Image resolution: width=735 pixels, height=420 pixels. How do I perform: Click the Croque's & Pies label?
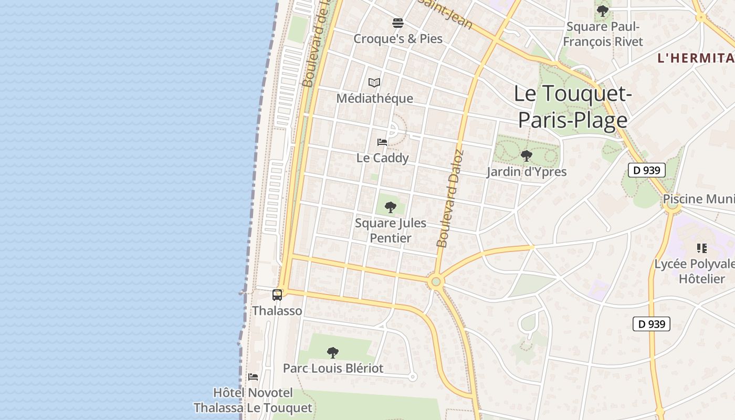[397, 38]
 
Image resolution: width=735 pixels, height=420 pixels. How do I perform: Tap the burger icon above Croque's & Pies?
[397, 23]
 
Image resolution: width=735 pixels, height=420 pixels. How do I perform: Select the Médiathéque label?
[374, 98]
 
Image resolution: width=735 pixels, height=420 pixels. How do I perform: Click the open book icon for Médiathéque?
[374, 82]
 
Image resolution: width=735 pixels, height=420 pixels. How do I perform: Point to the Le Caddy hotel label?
[382, 157]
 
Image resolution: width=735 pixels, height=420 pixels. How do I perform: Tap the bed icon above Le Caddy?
[382, 142]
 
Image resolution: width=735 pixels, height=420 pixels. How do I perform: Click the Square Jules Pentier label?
[390, 230]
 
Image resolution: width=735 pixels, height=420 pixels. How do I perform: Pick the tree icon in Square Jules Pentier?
[390, 207]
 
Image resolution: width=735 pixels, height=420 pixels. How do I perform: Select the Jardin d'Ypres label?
[526, 172]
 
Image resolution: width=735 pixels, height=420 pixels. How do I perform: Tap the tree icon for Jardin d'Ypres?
[526, 156]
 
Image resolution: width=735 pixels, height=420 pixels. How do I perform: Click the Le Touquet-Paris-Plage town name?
[573, 107]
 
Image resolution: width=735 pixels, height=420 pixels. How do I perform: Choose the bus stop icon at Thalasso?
[277, 295]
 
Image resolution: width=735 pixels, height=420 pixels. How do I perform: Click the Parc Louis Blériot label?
[333, 368]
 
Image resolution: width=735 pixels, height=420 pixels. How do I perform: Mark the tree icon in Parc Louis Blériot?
[333, 352]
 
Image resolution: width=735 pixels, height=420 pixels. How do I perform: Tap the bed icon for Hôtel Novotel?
[253, 377]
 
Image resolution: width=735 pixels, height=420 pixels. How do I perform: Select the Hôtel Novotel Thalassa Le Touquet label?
[253, 400]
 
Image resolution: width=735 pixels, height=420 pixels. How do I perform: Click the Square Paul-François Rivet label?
[603, 34]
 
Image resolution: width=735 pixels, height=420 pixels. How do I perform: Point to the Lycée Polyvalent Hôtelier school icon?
[702, 248]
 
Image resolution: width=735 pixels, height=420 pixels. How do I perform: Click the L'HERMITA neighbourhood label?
[696, 58]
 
